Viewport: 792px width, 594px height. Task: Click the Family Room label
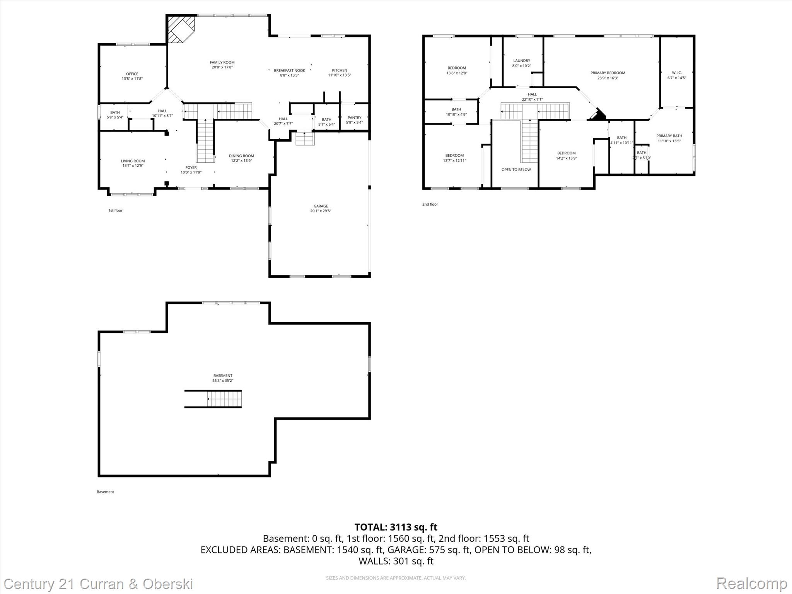(x=222, y=62)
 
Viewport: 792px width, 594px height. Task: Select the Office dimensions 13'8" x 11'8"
(x=132, y=79)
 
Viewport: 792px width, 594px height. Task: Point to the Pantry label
(x=354, y=118)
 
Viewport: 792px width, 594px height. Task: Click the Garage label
(x=321, y=206)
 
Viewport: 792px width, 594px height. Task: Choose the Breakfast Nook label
(x=289, y=70)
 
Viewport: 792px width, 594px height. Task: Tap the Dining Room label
(x=241, y=156)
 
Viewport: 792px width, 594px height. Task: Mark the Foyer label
(x=191, y=167)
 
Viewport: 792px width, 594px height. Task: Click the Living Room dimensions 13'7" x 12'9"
(x=133, y=166)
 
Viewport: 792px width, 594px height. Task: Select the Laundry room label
(x=522, y=61)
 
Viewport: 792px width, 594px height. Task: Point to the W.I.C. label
(x=677, y=73)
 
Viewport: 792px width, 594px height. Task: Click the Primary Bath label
(x=669, y=136)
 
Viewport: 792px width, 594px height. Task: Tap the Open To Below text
(x=516, y=170)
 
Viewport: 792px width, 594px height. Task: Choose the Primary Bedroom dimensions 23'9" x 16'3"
(x=608, y=78)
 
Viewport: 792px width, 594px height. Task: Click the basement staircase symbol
(x=224, y=399)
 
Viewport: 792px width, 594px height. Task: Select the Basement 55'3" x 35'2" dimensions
(x=223, y=381)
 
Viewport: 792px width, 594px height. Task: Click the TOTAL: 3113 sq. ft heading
(x=396, y=527)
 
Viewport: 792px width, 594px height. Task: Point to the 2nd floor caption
(x=430, y=204)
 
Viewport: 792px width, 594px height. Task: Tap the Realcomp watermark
(x=751, y=584)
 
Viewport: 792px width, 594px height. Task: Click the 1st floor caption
(x=115, y=210)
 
